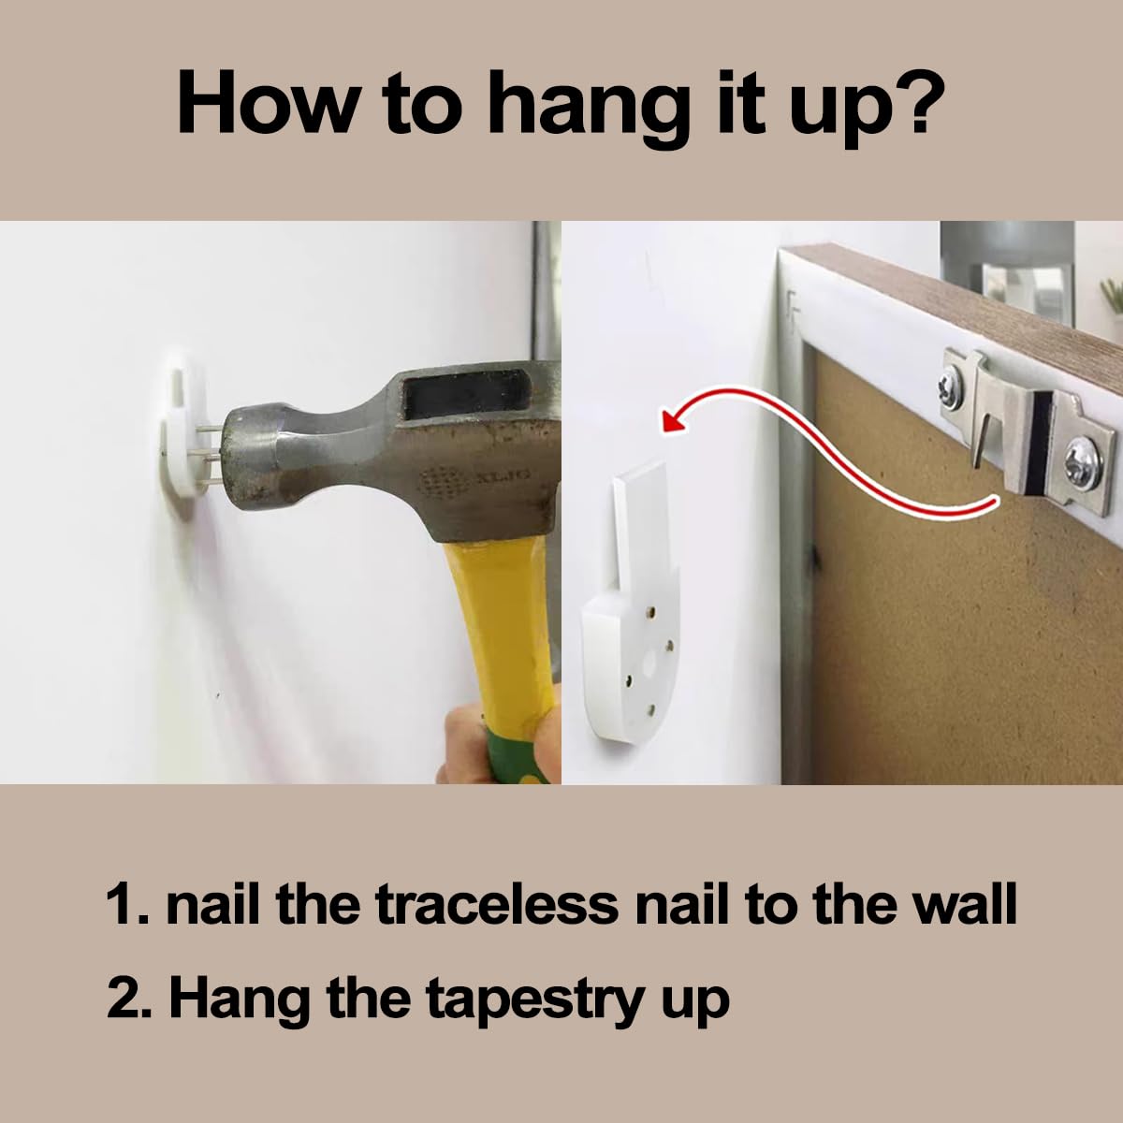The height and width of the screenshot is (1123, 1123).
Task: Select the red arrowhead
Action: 674,417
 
